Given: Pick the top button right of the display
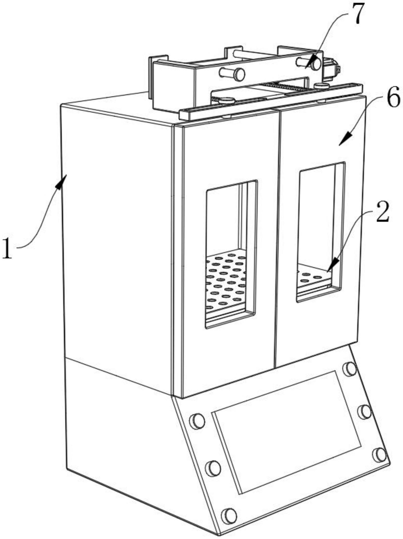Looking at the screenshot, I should [x=350, y=369].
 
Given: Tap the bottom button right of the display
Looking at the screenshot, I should [x=379, y=455].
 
